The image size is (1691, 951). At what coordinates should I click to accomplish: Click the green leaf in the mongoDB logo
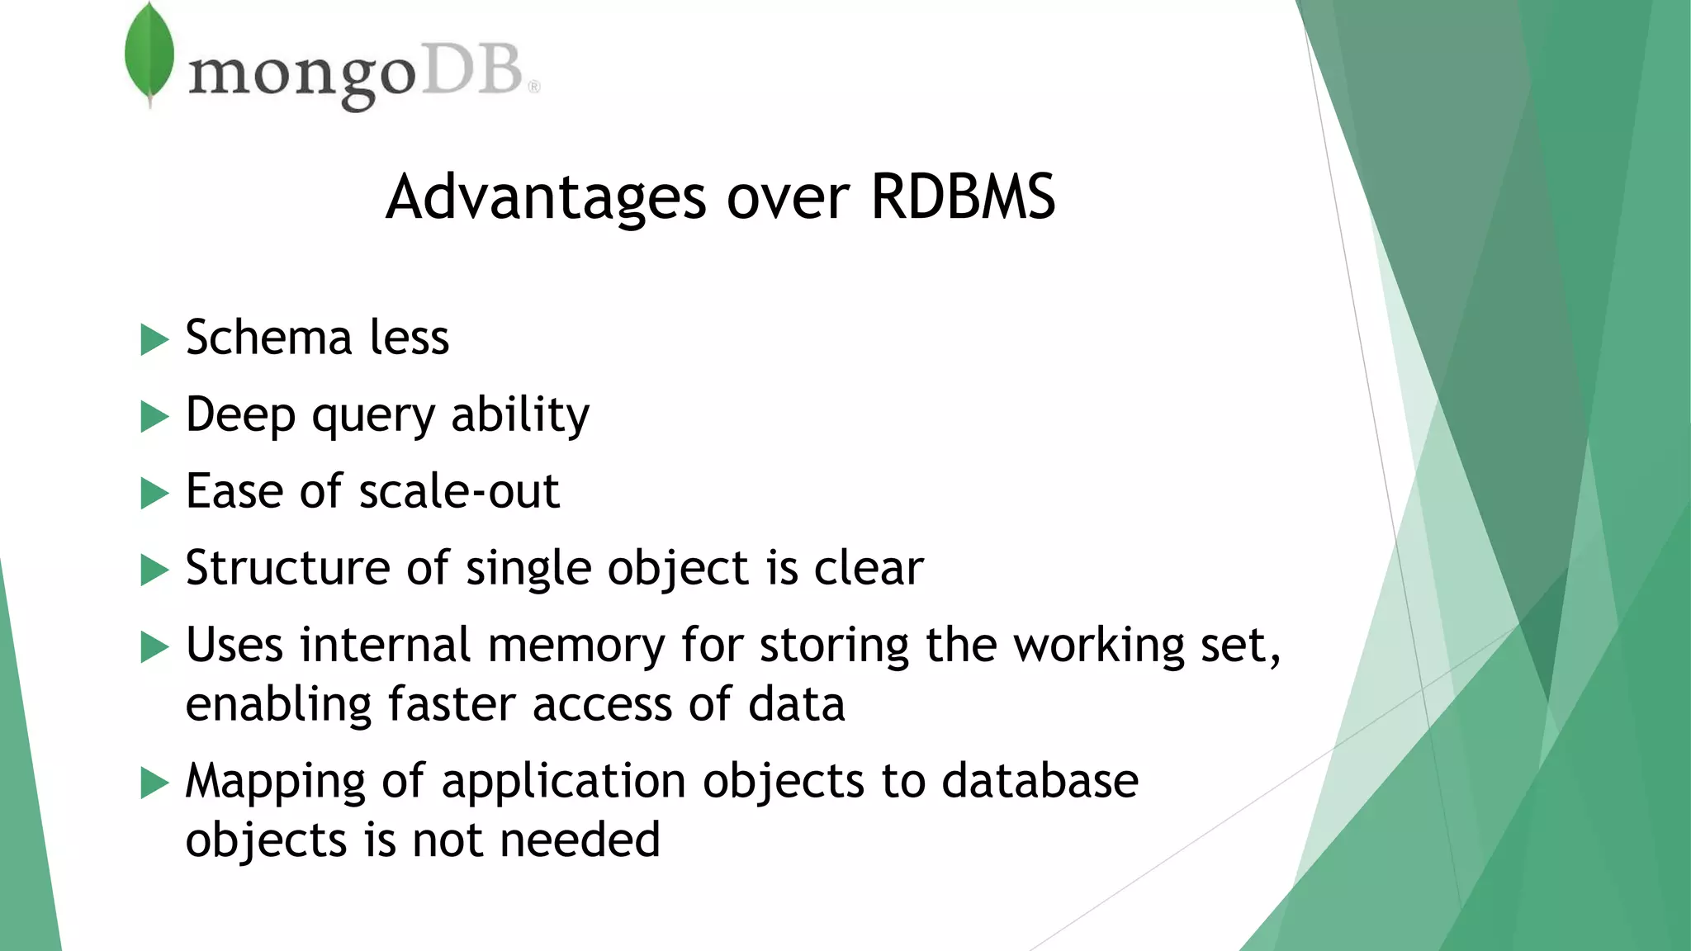[x=149, y=53]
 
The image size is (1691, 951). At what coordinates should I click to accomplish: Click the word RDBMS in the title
[x=963, y=197]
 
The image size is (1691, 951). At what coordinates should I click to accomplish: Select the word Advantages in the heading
[x=546, y=199]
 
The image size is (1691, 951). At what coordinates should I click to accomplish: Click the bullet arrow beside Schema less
[x=154, y=339]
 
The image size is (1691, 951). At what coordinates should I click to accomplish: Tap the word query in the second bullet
[x=372, y=416]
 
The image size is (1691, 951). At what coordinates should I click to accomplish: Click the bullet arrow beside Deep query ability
[x=154, y=416]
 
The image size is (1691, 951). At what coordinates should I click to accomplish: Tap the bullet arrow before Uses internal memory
[x=154, y=646]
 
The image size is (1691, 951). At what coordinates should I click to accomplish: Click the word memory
[x=576, y=646]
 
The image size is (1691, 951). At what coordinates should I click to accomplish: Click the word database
[x=1040, y=781]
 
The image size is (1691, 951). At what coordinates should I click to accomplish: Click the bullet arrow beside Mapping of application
[x=154, y=783]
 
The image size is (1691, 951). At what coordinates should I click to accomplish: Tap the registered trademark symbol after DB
[x=533, y=87]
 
